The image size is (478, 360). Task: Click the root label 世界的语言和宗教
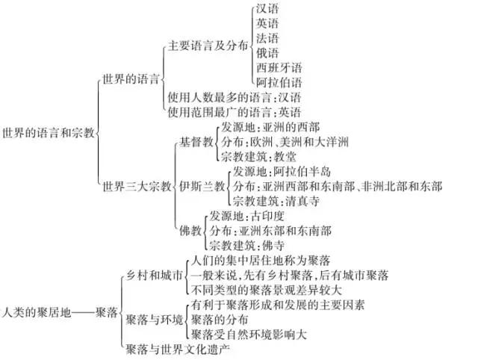49,133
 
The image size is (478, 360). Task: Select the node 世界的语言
131,79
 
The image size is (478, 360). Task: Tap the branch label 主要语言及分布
208,46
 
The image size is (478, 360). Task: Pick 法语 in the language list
267,38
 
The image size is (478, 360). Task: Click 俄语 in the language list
267,53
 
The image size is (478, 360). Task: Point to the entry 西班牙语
279,68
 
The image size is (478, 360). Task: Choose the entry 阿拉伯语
279,82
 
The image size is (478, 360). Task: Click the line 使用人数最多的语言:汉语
234,97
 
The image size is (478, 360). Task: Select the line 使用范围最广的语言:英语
234,112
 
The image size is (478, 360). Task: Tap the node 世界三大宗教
137,186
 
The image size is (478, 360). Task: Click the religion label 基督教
196,142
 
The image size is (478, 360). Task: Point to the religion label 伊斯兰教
202,186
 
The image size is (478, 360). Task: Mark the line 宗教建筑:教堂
258,157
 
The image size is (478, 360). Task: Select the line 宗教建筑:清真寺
276,201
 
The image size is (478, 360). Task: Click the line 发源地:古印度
247,216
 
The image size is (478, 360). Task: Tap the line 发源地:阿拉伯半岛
282,172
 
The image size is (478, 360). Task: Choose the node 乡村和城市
155,276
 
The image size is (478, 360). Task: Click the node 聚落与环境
155,320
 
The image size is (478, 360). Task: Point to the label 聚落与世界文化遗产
178,350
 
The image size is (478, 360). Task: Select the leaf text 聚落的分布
220,320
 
